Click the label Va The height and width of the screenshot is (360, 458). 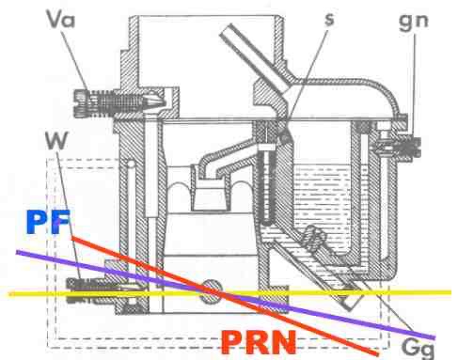click(x=61, y=20)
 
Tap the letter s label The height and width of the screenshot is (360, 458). click(x=329, y=20)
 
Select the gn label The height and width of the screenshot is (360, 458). click(x=414, y=22)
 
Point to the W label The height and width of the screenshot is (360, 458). click(x=56, y=140)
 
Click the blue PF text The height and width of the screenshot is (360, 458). click(x=48, y=222)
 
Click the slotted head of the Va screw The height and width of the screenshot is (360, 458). click(x=81, y=102)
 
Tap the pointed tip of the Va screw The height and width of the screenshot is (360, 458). click(x=163, y=102)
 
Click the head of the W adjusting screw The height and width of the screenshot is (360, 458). click(x=72, y=290)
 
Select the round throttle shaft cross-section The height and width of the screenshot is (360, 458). click(x=212, y=291)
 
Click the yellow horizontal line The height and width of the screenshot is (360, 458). click(x=229, y=293)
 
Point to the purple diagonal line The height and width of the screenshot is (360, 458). click(x=226, y=294)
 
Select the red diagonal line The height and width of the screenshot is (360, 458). click(x=225, y=296)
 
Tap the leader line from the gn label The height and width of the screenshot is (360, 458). click(x=415, y=85)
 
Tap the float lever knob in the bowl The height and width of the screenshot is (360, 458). click(x=315, y=237)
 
